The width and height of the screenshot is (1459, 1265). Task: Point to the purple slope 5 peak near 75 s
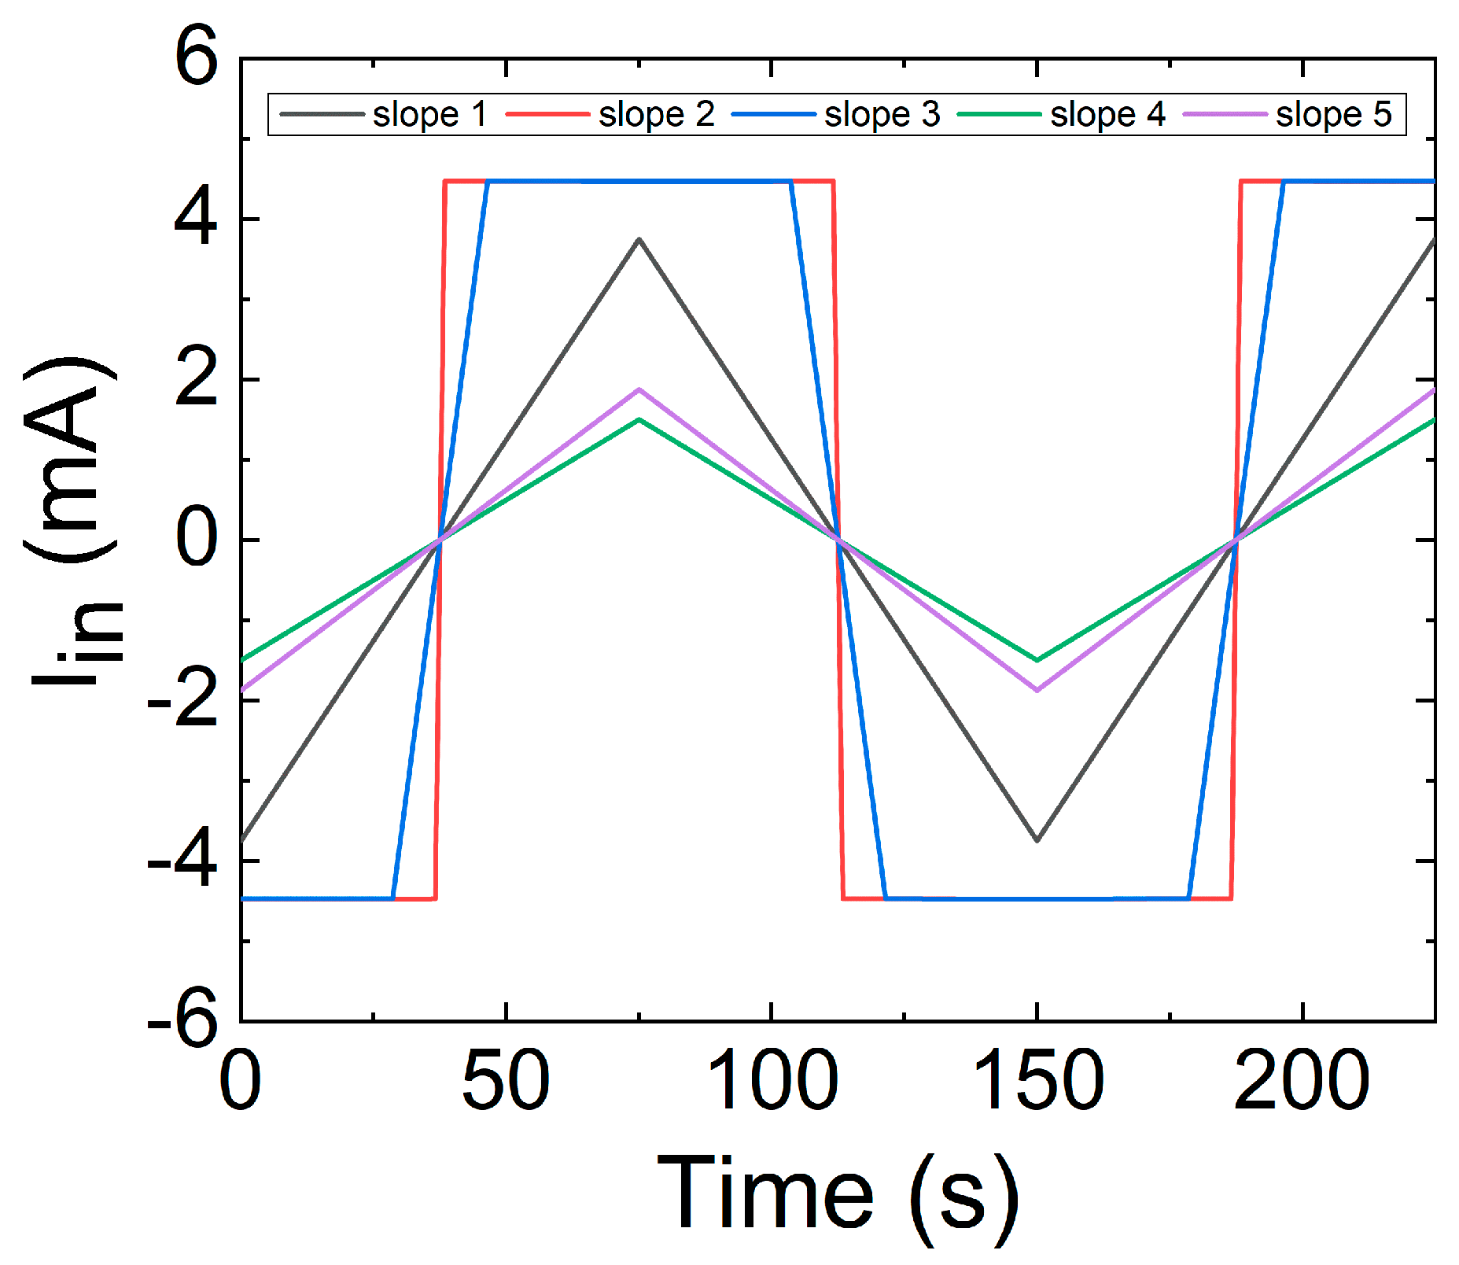click(639, 389)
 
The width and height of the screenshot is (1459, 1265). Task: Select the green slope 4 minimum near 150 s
click(1037, 660)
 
